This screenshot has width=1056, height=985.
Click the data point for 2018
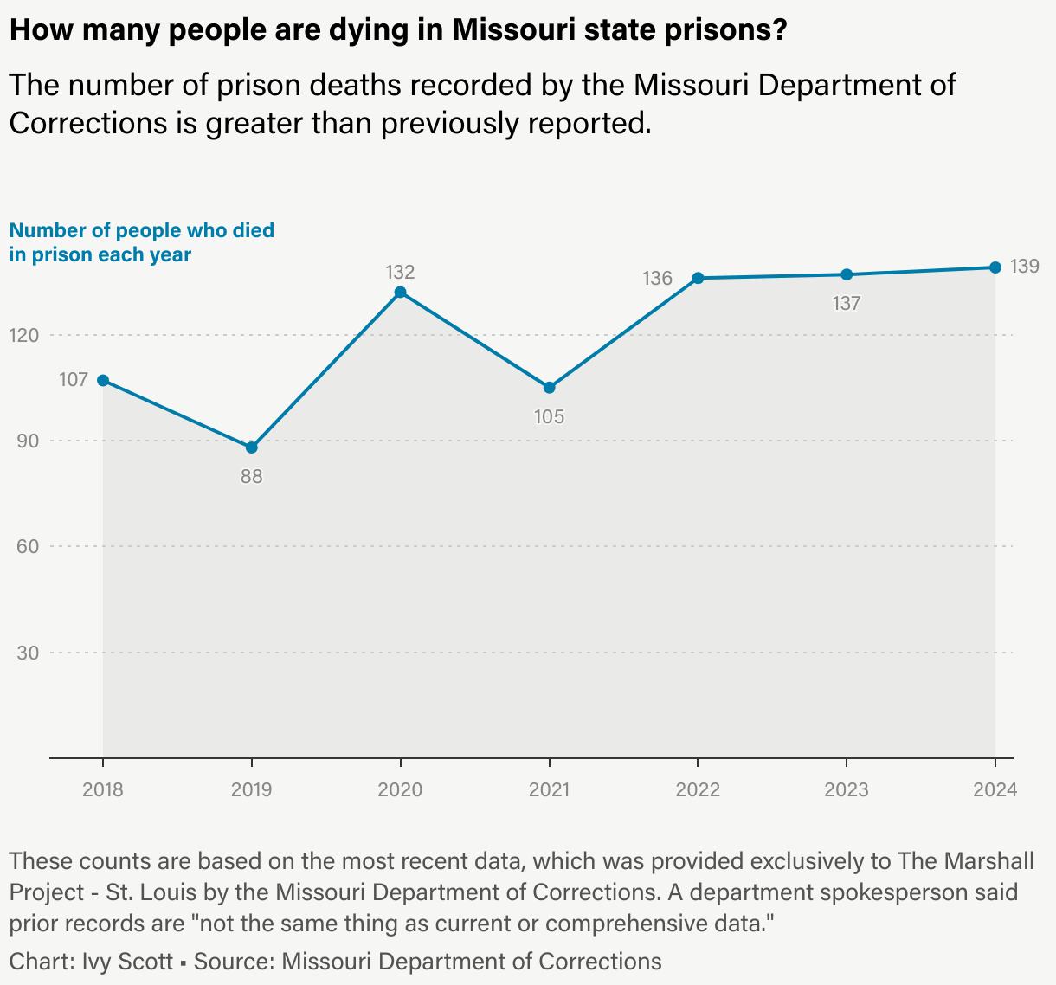click(x=103, y=380)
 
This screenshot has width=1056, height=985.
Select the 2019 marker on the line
click(x=252, y=447)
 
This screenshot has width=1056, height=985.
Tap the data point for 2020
click(x=400, y=293)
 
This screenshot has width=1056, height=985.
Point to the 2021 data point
click(x=550, y=388)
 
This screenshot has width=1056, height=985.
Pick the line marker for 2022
click(x=698, y=278)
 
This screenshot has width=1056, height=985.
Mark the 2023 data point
click(x=847, y=274)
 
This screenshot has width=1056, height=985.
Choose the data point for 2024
click(x=995, y=267)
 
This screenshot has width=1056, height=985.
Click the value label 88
click(x=252, y=476)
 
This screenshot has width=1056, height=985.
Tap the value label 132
click(x=400, y=272)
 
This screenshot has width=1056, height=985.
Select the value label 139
click(x=1025, y=267)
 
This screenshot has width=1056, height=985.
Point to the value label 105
click(x=549, y=416)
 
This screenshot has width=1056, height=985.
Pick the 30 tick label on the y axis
click(x=29, y=653)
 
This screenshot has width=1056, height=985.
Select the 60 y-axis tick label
click(x=29, y=546)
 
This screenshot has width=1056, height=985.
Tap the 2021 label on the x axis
click(x=549, y=789)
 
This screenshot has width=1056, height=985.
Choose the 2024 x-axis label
click(x=995, y=789)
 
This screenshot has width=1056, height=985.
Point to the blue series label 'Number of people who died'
click(x=142, y=231)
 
